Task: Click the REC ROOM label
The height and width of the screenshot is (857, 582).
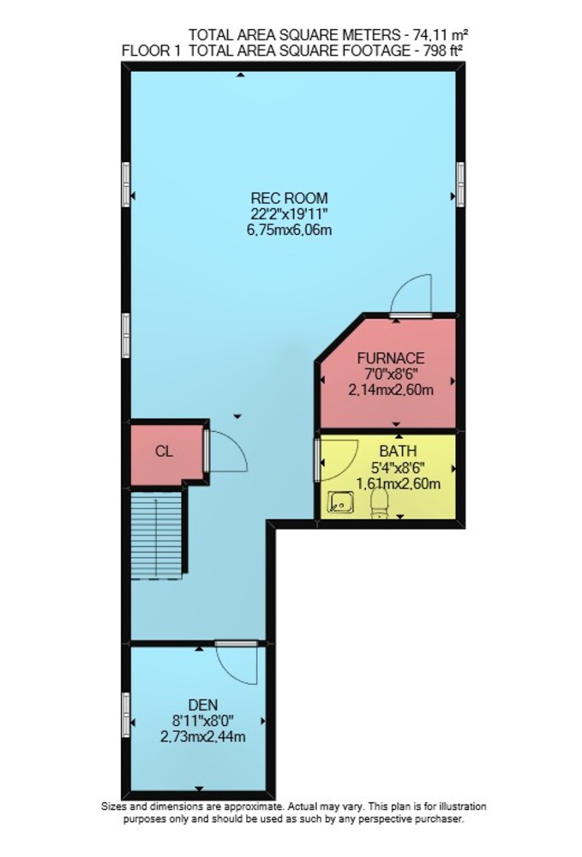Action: coord(289,198)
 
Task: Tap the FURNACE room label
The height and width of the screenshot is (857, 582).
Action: coord(391,358)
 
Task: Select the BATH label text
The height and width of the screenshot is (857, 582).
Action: coord(399,452)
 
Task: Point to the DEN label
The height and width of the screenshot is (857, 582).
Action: coord(203,704)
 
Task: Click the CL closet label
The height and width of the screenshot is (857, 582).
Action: coord(164,452)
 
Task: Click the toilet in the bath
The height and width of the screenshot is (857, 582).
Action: coord(379,503)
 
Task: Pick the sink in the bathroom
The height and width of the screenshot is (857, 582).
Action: coord(340,502)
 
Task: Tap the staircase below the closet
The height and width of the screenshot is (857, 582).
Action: coord(157,533)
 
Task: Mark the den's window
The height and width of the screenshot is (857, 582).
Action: coord(126,715)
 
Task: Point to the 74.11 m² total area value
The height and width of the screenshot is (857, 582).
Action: coord(440,35)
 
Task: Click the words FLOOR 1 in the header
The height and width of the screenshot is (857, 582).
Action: coord(151,51)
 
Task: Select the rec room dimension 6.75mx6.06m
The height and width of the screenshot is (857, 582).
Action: coord(289,230)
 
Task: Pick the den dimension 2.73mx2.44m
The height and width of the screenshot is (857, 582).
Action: coord(203,737)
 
